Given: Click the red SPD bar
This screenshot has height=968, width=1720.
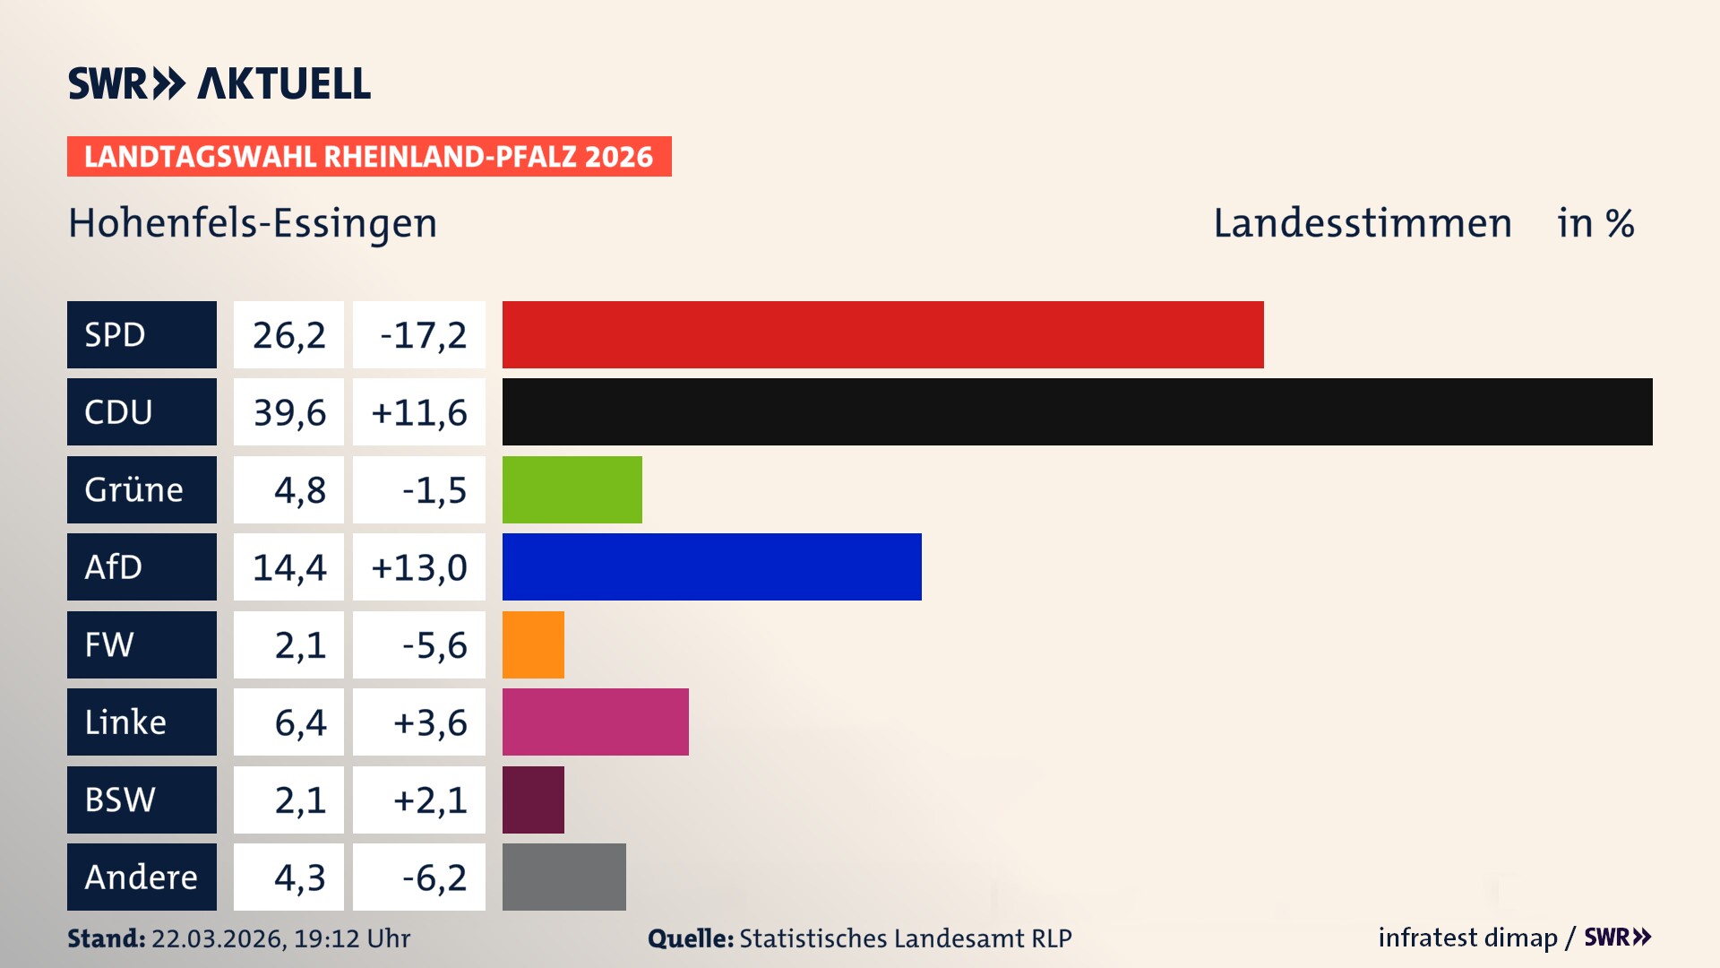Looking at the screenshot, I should click(x=882, y=334).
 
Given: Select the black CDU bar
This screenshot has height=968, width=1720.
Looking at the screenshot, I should click(x=1077, y=411).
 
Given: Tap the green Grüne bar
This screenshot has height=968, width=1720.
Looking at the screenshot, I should click(x=572, y=489).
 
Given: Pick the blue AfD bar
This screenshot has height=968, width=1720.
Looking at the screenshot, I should click(x=711, y=566).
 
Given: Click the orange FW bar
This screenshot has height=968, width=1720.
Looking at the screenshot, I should click(x=533, y=644).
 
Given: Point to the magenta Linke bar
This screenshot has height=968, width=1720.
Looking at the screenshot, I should click(x=595, y=722).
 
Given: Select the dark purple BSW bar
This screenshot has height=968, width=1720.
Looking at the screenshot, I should click(x=533, y=799).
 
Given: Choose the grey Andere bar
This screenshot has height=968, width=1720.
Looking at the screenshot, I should click(x=563, y=877).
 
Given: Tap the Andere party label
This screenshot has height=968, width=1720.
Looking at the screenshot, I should click(x=142, y=877).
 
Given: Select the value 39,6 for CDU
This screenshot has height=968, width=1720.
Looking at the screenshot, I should click(x=288, y=412).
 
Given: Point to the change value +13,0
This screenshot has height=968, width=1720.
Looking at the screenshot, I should click(x=419, y=567).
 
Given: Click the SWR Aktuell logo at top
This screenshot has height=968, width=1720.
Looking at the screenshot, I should click(x=219, y=83).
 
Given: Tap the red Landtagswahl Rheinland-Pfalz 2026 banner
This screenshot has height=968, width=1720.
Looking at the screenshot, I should click(x=369, y=157).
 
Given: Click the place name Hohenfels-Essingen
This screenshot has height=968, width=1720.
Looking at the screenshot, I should click(x=253, y=223).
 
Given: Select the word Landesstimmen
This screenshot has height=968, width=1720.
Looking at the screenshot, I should click(x=1362, y=223).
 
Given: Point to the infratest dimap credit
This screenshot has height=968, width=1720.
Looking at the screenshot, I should click(x=1467, y=938).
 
